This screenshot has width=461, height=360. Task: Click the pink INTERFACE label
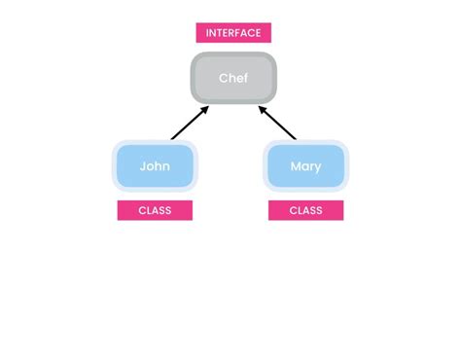point(233,33)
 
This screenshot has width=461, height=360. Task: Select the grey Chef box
point(233,78)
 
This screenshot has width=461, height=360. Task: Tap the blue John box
point(155,166)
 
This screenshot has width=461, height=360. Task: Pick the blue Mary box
point(305,166)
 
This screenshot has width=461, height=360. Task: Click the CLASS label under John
point(155,210)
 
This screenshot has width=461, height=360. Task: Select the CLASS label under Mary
point(305,210)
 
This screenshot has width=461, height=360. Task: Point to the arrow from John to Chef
point(190,124)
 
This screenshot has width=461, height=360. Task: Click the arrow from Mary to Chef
point(276,124)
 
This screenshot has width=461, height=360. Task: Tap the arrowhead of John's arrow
point(206,109)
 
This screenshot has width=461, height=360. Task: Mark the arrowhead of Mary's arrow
point(260,109)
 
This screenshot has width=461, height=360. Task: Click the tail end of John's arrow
point(172,139)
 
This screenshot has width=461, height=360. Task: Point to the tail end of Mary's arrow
point(295,139)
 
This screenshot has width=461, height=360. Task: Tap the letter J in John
point(142,166)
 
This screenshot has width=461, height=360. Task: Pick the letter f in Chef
point(245,78)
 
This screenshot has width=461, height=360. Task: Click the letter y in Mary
point(317,167)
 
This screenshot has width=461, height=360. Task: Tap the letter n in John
point(166,166)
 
